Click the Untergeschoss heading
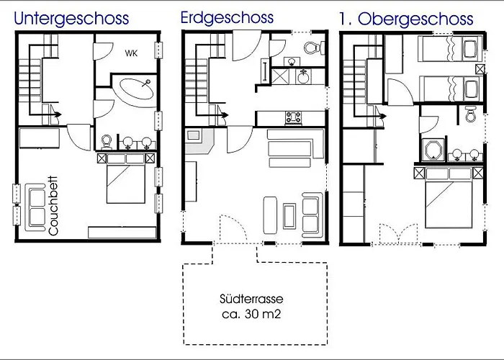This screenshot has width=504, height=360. (x=71, y=19)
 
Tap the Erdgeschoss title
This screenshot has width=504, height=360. (x=227, y=18)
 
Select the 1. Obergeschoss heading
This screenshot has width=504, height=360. (x=406, y=19)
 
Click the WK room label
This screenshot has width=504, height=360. (x=131, y=53)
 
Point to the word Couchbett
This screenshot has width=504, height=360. (x=53, y=206)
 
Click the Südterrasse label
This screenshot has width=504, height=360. (x=251, y=299)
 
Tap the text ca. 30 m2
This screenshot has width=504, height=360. (x=251, y=314)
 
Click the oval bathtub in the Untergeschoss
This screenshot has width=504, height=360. (x=137, y=89)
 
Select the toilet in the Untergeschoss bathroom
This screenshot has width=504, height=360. (x=107, y=143)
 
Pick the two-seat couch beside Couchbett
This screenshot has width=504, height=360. (x=36, y=207)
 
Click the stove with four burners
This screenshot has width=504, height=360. (x=294, y=118)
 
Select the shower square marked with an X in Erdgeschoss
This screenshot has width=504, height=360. (x=280, y=77)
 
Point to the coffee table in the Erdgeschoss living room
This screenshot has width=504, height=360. (x=289, y=216)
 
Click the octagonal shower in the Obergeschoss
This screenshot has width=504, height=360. (x=433, y=150)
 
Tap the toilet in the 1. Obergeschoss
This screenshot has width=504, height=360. (x=471, y=114)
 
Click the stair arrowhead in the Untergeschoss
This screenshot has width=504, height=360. (x=58, y=114)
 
